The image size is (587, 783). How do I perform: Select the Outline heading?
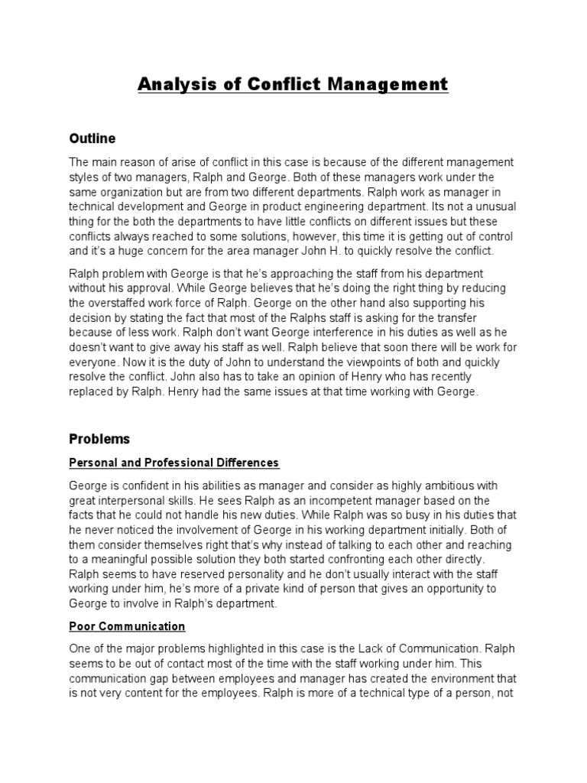click(x=92, y=138)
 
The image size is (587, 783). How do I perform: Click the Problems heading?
click(x=99, y=439)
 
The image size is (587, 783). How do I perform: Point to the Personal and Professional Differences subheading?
click(x=174, y=463)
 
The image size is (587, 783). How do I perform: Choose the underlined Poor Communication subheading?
click(x=127, y=626)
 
